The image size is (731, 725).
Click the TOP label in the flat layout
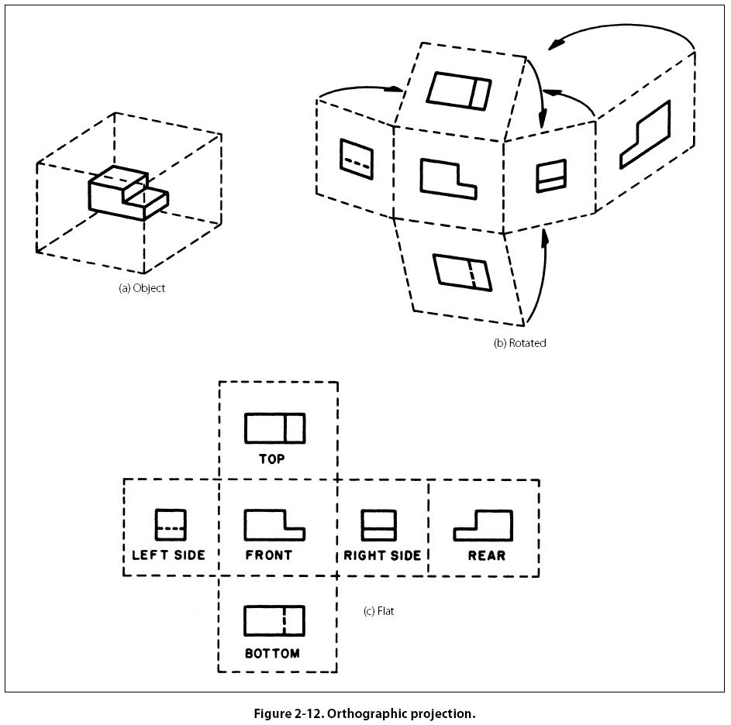(271, 459)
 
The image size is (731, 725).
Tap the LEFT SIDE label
(168, 555)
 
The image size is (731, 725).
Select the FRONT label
(269, 555)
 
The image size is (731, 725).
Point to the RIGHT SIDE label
(382, 555)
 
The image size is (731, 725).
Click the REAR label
(487, 555)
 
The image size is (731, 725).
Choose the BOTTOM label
(272, 654)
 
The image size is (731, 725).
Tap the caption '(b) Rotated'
(519, 342)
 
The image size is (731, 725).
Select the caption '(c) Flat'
(380, 611)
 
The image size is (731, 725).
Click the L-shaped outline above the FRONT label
(274, 524)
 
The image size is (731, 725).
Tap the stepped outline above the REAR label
(484, 525)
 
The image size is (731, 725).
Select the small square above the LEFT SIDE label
(171, 524)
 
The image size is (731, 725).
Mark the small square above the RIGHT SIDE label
(379, 524)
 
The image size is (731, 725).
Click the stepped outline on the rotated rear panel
(645, 135)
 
